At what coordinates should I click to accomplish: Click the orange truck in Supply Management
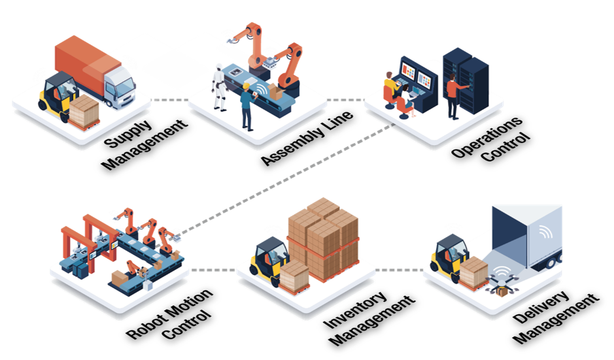tap(95, 73)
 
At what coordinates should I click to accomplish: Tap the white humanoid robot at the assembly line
tap(218, 87)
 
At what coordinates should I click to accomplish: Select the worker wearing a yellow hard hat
tap(247, 106)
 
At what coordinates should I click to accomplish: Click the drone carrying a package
tap(502, 284)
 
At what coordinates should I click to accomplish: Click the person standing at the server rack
tap(454, 97)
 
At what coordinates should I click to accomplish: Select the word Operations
tap(486, 137)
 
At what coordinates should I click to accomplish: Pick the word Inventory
tap(355, 310)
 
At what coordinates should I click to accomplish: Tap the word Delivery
tap(541, 308)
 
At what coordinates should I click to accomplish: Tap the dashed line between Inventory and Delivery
tap(399, 270)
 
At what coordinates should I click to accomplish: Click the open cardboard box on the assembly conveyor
tap(276, 92)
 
